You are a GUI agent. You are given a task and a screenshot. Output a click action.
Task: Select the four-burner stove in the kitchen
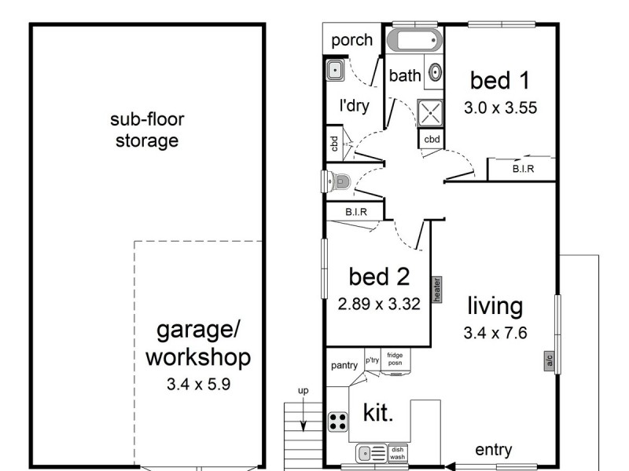pyautogui.click(x=337, y=422)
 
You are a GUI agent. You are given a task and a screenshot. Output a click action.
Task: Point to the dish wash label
pyautogui.click(x=398, y=453)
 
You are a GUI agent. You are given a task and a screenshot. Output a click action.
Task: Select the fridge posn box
pyautogui.click(x=395, y=360)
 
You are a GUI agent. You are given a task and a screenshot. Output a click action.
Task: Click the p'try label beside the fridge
pyautogui.click(x=372, y=360)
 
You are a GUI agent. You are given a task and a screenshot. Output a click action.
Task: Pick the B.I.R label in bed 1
pyautogui.click(x=524, y=168)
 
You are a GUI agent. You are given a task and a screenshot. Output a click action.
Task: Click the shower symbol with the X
pyautogui.click(x=431, y=113)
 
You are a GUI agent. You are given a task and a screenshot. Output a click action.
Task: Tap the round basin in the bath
pyautogui.click(x=435, y=75)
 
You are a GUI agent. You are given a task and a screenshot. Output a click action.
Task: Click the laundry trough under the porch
pyautogui.click(x=333, y=71)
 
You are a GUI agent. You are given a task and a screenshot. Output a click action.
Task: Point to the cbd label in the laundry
pyautogui.click(x=334, y=144)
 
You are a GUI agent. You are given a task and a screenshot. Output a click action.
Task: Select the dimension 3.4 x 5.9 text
pyautogui.click(x=197, y=386)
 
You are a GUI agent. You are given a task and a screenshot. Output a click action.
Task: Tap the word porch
pyautogui.click(x=351, y=40)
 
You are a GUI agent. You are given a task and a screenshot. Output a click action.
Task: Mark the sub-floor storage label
pyautogui.click(x=147, y=131)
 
